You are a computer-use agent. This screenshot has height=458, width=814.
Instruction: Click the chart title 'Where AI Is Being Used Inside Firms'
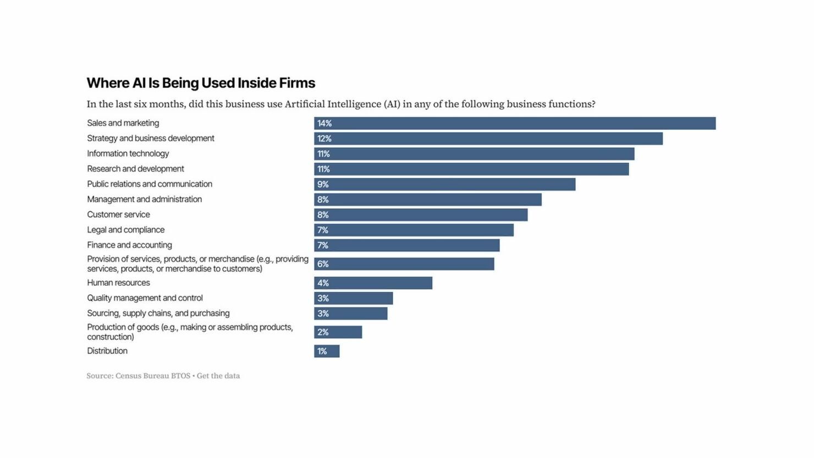coord(201,83)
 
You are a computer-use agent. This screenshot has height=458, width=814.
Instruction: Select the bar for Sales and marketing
coord(515,124)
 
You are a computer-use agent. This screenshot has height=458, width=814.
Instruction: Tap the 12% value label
coord(324,139)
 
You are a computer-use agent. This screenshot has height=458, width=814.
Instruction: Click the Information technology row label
coord(128,153)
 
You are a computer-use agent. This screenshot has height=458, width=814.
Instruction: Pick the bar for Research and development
coord(472,169)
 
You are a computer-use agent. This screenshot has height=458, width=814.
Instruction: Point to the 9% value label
coord(323,185)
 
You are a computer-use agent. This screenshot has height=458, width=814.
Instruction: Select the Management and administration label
coord(144,200)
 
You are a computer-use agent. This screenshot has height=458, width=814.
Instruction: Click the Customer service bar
coord(421,215)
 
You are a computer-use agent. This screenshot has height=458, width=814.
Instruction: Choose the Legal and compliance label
coord(126,230)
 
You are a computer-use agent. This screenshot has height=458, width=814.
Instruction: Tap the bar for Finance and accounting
coord(407,246)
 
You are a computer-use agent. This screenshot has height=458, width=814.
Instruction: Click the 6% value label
coord(323,264)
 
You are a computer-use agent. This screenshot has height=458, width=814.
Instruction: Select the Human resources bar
coord(373,283)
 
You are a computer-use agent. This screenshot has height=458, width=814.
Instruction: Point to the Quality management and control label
coord(145,298)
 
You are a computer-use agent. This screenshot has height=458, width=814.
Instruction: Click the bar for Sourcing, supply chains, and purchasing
coord(351,313)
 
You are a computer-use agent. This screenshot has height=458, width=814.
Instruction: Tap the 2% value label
coord(323,332)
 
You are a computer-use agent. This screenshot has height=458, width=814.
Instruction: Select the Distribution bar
coord(327,351)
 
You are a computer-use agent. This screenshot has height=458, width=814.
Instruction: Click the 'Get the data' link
coord(218,376)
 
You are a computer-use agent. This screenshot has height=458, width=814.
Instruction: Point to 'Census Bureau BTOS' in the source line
coord(153,376)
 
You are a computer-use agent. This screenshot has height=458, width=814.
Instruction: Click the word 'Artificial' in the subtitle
coord(305,104)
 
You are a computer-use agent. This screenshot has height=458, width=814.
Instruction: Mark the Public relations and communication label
coord(150,184)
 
